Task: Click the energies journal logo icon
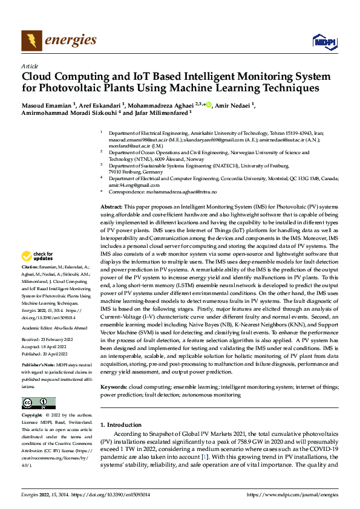[31, 41]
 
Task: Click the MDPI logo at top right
[324, 41]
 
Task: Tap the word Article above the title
[29, 66]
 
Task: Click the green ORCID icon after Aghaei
[209, 105]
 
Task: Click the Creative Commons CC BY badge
[38, 403]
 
